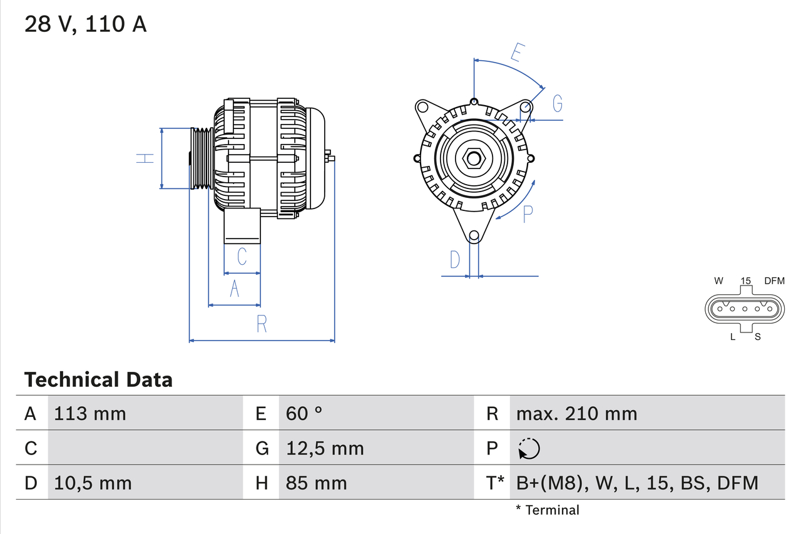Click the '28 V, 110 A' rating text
(85, 24)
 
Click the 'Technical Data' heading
(98, 379)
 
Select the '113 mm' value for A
(90, 413)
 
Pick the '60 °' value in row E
(304, 413)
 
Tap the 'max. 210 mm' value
(576, 413)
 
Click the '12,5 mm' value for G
(325, 448)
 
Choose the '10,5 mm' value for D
(93, 483)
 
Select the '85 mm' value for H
(316, 483)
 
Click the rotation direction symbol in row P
(529, 448)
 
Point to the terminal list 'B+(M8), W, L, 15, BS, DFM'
(637, 483)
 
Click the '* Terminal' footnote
(548, 510)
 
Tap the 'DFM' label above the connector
(773, 280)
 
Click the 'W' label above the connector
(719, 280)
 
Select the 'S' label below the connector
(757, 337)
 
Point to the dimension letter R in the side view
(262, 324)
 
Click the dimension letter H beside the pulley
(145, 158)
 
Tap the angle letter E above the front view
(517, 53)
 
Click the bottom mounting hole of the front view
(474, 235)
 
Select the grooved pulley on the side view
(202, 158)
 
